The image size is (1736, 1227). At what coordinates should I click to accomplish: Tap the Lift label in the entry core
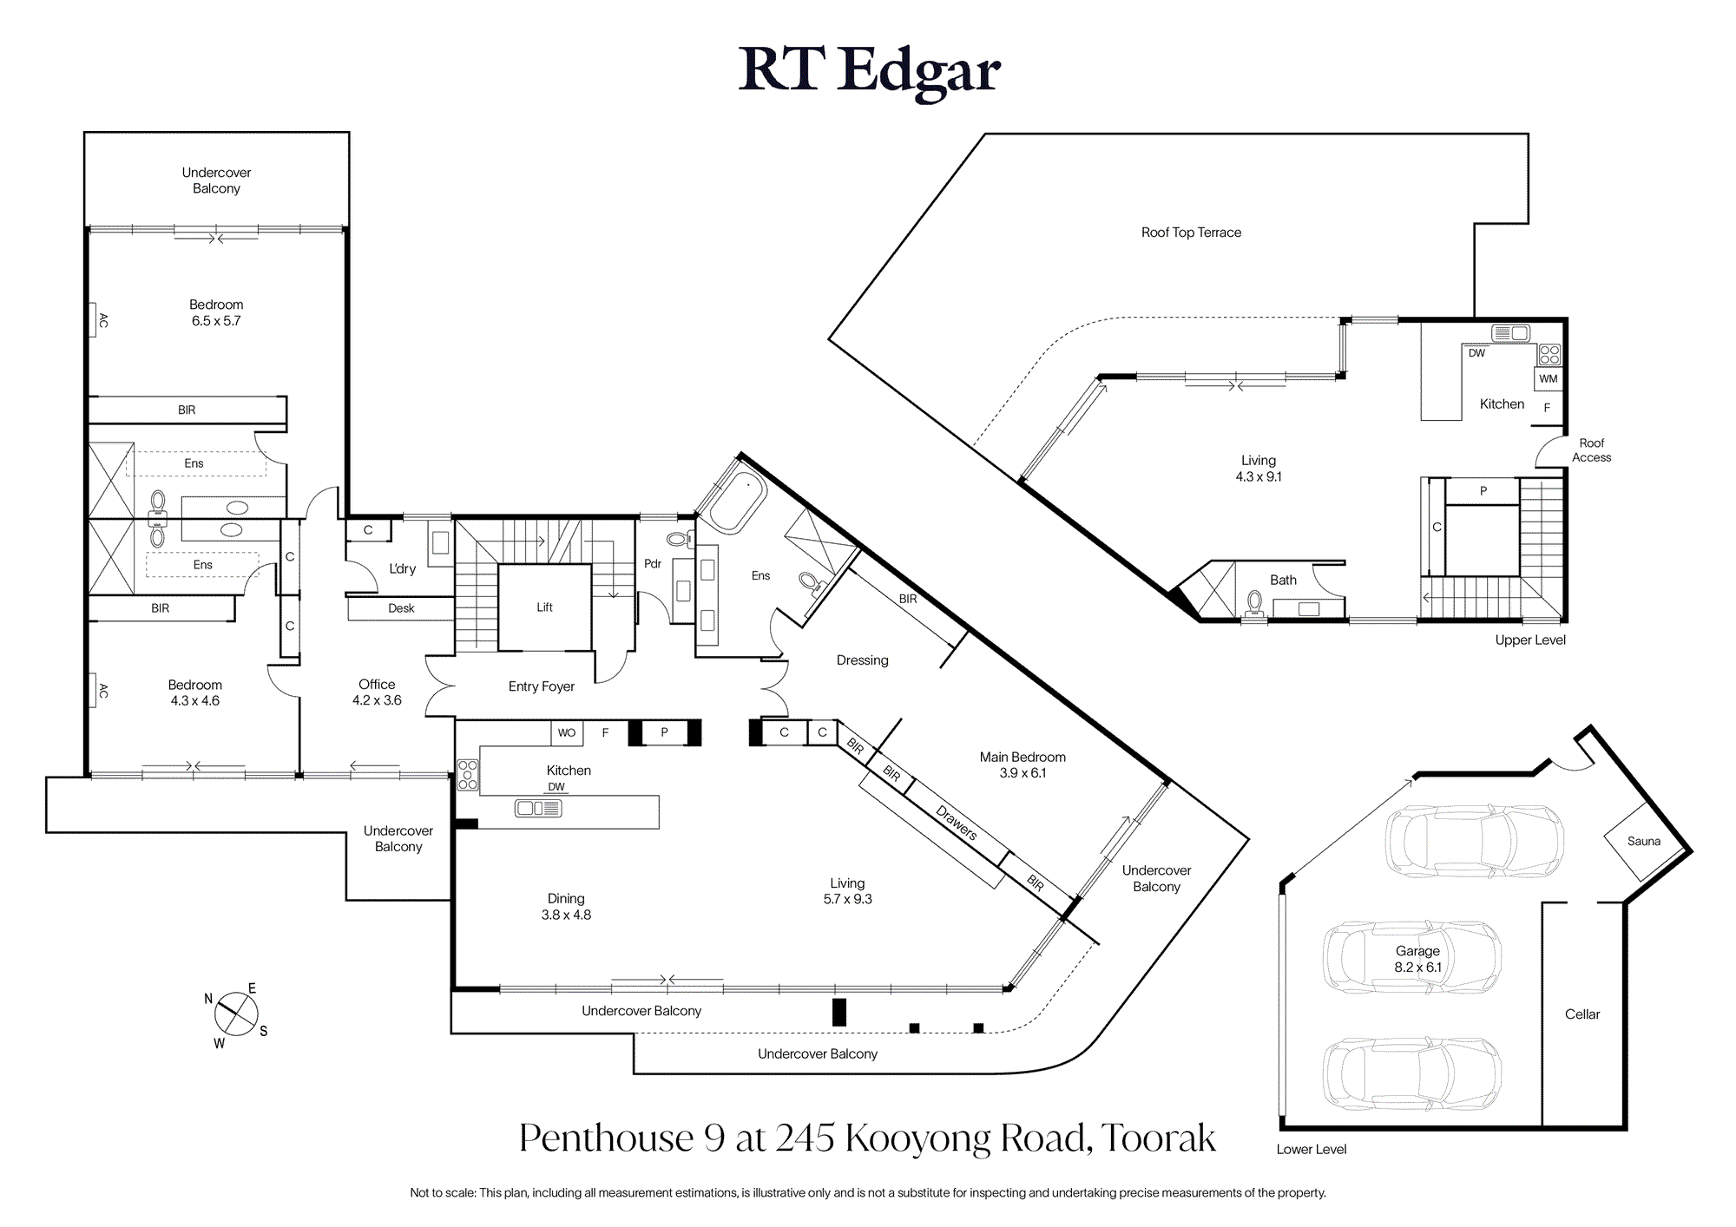click(544, 607)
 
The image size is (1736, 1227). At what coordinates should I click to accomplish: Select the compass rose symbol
click(236, 1014)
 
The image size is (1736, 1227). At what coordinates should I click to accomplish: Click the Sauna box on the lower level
click(1644, 841)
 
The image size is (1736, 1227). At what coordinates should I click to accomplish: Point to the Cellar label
click(1581, 1014)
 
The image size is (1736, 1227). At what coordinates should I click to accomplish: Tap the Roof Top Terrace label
click(1191, 233)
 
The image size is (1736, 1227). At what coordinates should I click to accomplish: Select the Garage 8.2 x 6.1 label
click(1417, 959)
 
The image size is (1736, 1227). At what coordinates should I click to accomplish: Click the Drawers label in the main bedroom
click(956, 823)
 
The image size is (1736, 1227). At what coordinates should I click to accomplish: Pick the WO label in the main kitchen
click(566, 733)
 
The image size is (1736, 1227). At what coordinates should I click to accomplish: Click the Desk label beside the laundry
click(401, 608)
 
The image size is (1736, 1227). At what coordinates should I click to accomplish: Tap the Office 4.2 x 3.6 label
click(377, 692)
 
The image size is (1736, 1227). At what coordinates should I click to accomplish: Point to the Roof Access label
click(1591, 450)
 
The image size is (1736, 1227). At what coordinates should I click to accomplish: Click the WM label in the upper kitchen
click(1549, 379)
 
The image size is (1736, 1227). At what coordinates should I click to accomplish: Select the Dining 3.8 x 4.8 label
click(566, 907)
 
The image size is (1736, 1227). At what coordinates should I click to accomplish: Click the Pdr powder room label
click(653, 564)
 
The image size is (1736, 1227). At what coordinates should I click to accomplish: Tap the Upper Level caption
click(1530, 640)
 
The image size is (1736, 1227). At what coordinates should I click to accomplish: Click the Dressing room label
click(862, 660)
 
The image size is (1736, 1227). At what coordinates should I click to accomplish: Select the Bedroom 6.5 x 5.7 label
click(216, 312)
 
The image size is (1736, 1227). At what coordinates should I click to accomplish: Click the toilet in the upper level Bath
click(1254, 603)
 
